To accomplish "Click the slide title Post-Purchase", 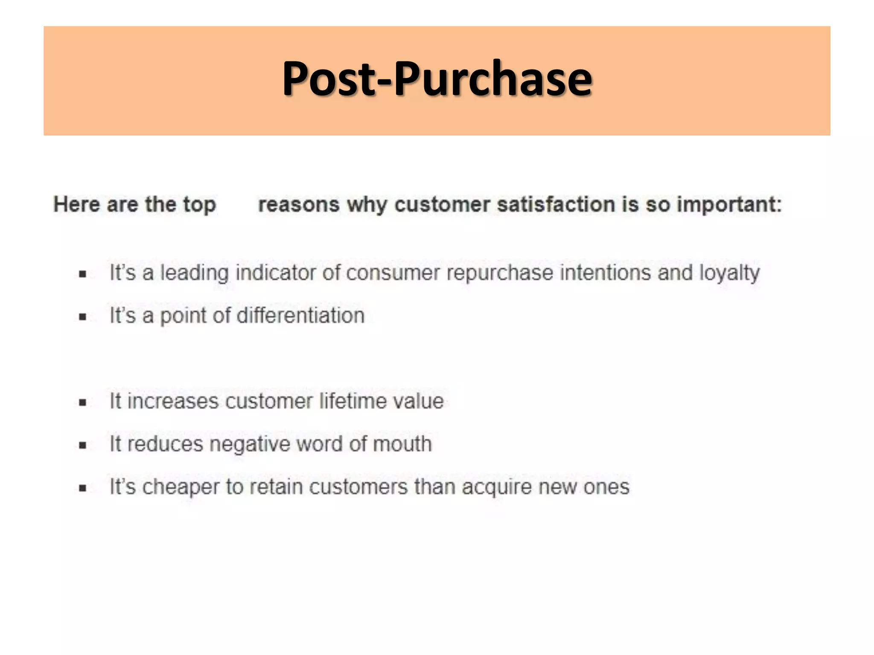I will coord(437,79).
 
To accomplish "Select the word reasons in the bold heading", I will coord(299,205).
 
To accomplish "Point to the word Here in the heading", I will coord(76,205).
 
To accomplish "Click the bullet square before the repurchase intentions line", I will coord(83,274).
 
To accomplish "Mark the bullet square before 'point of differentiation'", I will coord(83,317).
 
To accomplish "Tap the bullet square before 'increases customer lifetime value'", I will coord(83,403).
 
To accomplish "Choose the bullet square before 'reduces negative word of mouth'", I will coord(83,446).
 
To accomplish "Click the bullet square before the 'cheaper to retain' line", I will coord(83,488).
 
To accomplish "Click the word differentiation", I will coord(301,316).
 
